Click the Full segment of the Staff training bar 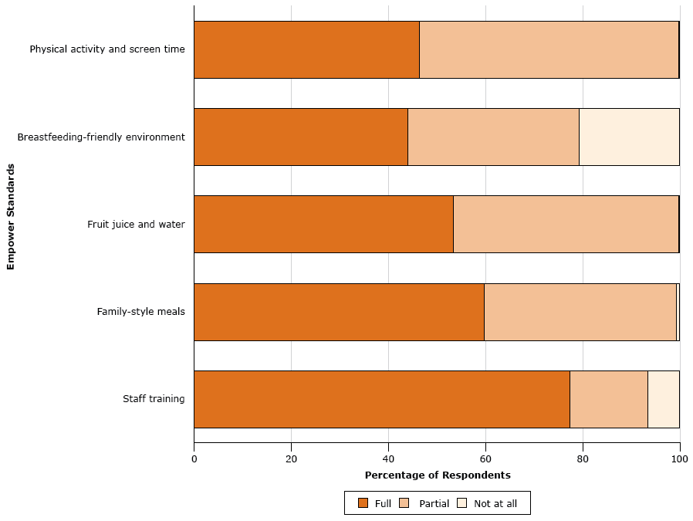pyautogui.click(x=381, y=399)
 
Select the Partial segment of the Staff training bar pyautogui.click(x=608, y=399)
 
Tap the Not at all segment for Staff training pyautogui.click(x=663, y=399)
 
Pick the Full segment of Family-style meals pyautogui.click(x=339, y=312)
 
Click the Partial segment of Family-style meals pyautogui.click(x=580, y=312)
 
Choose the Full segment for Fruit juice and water pyautogui.click(x=323, y=224)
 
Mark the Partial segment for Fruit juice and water pyautogui.click(x=566, y=224)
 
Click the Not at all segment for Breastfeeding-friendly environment pyautogui.click(x=629, y=137)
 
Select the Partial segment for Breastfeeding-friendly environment pyautogui.click(x=493, y=137)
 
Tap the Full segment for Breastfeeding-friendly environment pyautogui.click(x=300, y=137)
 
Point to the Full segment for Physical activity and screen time pyautogui.click(x=306, y=49)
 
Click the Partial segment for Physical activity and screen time pyautogui.click(x=549, y=49)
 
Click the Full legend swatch pyautogui.click(x=363, y=503)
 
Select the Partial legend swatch pyautogui.click(x=405, y=503)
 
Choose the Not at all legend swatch pyautogui.click(x=462, y=503)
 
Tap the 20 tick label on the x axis pyautogui.click(x=291, y=458)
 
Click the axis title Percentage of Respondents pyautogui.click(x=437, y=475)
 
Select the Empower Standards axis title pyautogui.click(x=11, y=216)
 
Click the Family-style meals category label pyautogui.click(x=140, y=312)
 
